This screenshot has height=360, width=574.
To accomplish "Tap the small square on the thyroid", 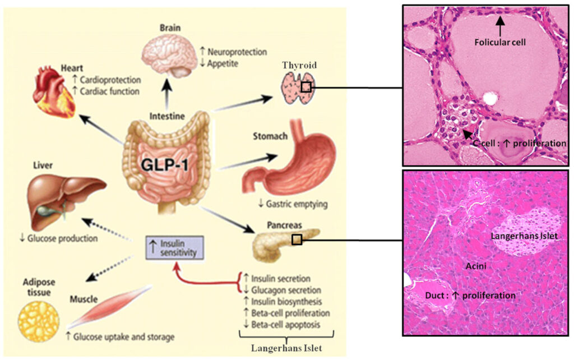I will click(x=306, y=87).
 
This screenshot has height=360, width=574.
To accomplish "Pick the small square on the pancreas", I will click(x=297, y=240).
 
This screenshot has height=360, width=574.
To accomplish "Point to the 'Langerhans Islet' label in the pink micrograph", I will click(x=524, y=237).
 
